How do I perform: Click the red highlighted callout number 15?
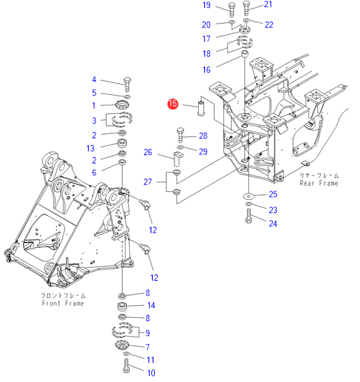[x=172, y=104]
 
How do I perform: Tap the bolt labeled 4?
[x=127, y=85]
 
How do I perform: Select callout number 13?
[x=90, y=148]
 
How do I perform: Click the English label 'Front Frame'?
[x=63, y=303]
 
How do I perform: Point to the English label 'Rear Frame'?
[x=319, y=183]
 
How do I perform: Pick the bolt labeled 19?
[x=232, y=10]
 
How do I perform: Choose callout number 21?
[x=268, y=4]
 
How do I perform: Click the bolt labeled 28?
[x=180, y=135]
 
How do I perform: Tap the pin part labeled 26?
[x=178, y=159]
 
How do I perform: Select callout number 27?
[x=147, y=182]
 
